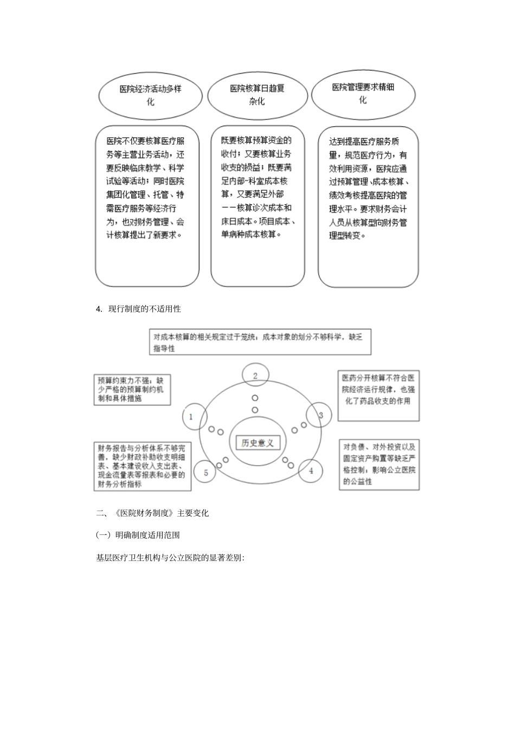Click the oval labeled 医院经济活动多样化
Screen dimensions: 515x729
(x=150, y=95)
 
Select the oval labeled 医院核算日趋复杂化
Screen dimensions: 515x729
(x=257, y=94)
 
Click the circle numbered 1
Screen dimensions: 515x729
(x=191, y=417)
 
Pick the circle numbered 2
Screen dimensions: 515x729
(x=255, y=376)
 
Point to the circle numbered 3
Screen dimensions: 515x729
(x=320, y=416)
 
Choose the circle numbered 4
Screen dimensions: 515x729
(x=311, y=471)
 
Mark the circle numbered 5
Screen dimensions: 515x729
(x=206, y=473)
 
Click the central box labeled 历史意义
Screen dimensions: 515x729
(x=257, y=443)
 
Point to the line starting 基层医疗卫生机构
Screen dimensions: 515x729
(x=170, y=557)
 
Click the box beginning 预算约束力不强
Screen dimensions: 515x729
(x=132, y=389)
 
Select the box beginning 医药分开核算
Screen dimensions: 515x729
(x=378, y=396)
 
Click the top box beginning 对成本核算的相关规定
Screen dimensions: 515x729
(x=260, y=342)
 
